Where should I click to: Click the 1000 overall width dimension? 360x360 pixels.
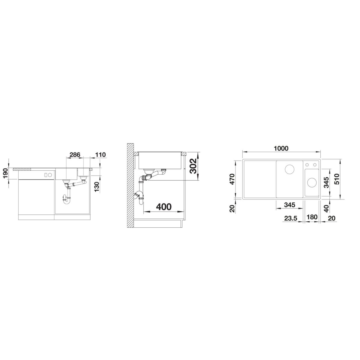coord(281,148)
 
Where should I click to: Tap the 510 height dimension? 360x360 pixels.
coord(337,179)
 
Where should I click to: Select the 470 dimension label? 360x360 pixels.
coord(232,179)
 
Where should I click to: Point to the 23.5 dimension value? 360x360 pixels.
coord(291,218)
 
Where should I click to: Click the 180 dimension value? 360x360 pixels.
coord(312,217)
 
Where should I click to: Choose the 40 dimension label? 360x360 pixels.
coord(326,208)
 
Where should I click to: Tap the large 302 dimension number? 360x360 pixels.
coord(193,166)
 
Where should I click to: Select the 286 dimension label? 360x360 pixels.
coord(75,154)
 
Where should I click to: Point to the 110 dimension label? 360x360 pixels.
coord(100,154)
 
